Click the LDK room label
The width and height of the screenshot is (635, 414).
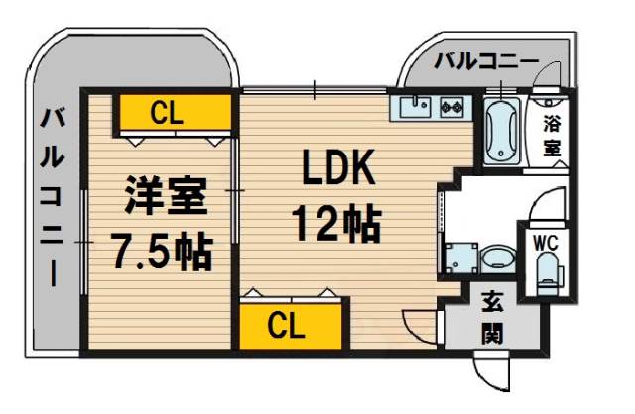coord(337,167)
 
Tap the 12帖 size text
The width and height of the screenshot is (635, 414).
coord(337,224)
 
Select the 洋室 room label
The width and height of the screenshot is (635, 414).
coord(166,196)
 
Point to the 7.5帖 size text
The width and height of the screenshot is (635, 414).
coord(162,252)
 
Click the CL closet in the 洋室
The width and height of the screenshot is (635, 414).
coord(175,113)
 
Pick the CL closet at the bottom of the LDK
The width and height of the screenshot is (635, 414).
coord(291,326)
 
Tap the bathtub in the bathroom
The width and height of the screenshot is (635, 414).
coord(502,131)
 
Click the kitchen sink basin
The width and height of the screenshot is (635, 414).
coord(415,107)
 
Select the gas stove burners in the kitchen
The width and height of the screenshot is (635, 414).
coord(452,107)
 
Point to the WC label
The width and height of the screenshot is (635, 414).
coord(545,243)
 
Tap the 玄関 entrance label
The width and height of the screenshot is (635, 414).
coord(492,319)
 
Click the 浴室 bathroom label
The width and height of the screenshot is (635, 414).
coord(552,136)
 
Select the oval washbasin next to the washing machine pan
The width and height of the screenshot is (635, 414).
coord(498,257)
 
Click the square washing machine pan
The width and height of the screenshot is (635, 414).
coord(461,258)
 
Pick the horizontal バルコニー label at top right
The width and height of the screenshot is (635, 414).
coord(487,61)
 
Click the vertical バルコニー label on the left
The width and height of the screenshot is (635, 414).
coord(52,198)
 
